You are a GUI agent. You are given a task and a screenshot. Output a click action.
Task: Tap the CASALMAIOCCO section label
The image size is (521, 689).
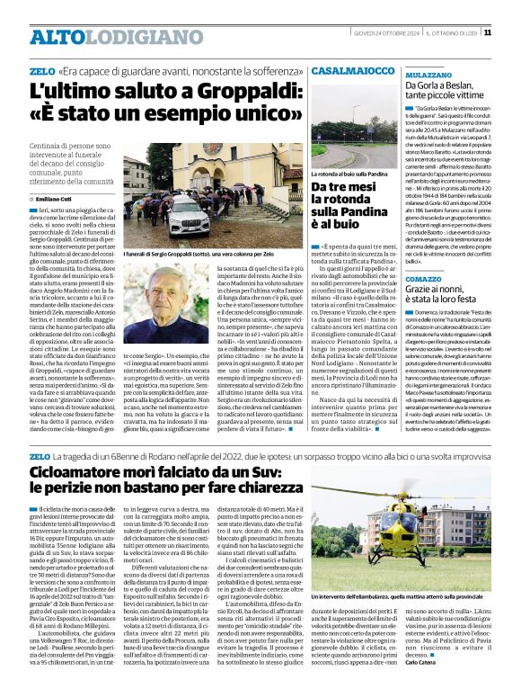coord(353,69)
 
